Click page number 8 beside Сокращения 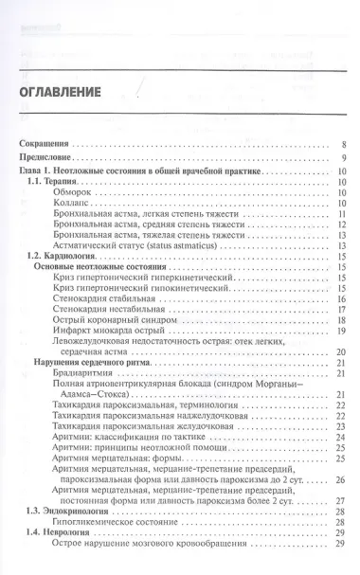click(343, 145)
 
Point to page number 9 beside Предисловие click(343, 158)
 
